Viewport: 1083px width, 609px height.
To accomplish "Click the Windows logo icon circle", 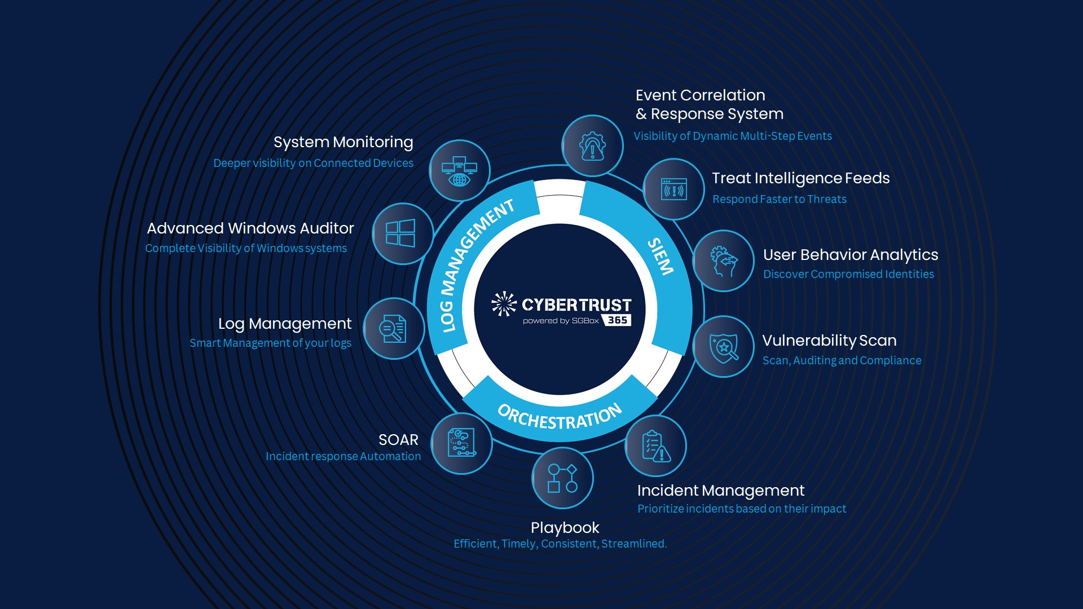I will [x=401, y=233].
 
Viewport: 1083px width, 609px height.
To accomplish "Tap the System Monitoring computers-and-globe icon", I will [x=459, y=171].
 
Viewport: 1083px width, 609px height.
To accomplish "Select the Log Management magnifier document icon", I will [x=393, y=329].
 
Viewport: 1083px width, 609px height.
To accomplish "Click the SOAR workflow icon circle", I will [x=461, y=443].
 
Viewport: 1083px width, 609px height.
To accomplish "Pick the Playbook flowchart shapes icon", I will [x=562, y=478].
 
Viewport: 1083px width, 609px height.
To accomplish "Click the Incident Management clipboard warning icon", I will [x=655, y=446].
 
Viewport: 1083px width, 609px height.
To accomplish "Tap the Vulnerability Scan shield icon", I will [x=724, y=347].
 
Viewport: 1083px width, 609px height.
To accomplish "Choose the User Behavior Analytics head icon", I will [x=724, y=261].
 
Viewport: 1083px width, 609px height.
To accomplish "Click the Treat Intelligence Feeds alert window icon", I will [x=674, y=189].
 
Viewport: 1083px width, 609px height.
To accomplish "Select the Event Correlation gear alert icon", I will [x=592, y=146].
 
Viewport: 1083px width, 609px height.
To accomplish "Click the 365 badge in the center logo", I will [x=617, y=320].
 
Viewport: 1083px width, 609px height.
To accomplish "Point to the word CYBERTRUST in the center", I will [x=576, y=305].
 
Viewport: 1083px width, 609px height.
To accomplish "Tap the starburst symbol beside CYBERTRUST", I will [x=504, y=304].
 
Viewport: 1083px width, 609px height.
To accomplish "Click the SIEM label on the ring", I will [x=661, y=257].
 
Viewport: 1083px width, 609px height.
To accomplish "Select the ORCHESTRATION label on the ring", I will [x=560, y=418].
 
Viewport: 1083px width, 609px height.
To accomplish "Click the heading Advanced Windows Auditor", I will [x=250, y=228].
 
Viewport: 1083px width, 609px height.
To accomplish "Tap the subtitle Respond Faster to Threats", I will [x=779, y=199].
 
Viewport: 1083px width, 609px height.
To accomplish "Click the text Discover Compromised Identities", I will [x=848, y=274].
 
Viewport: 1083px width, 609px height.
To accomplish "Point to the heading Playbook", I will [x=565, y=528].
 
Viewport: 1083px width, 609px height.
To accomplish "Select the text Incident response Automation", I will [x=343, y=456].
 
